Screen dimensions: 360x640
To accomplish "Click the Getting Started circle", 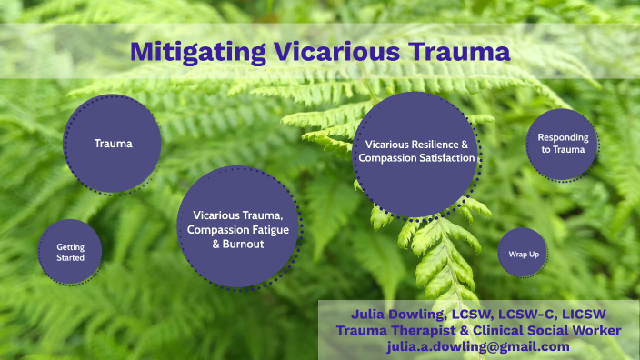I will [x=70, y=252].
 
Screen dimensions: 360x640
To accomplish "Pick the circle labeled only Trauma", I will [x=113, y=144].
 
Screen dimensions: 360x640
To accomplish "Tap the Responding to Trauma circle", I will [x=561, y=144].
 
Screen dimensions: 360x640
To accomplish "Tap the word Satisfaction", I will [x=443, y=158].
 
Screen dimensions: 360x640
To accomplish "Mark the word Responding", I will [x=562, y=138].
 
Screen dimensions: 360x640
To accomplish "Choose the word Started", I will [x=70, y=258].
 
